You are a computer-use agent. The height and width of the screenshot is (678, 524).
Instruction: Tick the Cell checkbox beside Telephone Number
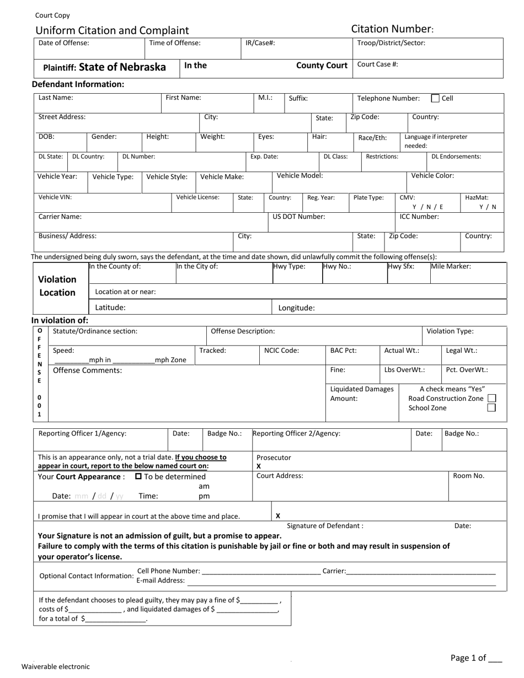point(435,99)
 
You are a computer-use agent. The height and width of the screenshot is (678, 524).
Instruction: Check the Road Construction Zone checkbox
point(492,398)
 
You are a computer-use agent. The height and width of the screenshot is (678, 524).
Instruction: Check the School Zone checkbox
point(492,408)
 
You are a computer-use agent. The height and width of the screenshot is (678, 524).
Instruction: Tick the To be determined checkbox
point(138,476)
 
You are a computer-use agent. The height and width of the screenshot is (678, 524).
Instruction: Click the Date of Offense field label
point(63,43)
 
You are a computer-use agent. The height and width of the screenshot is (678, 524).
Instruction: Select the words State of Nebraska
point(122,67)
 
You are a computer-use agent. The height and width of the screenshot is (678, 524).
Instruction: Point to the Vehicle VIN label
point(55,197)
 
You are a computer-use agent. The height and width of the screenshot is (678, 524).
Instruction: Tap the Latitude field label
point(110,308)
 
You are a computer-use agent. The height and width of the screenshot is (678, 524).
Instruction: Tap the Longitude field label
point(296,308)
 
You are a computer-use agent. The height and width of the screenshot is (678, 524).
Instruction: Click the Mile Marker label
point(451,266)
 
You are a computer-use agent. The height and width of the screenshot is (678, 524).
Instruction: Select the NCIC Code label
point(281,350)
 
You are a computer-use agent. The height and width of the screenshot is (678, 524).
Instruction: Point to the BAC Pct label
point(343,350)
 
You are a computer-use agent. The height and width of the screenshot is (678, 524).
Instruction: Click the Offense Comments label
point(87,370)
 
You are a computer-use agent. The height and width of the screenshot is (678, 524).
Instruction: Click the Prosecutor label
point(274,458)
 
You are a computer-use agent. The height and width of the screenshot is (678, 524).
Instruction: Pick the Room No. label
point(468,476)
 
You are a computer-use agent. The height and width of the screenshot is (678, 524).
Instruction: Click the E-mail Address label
point(160,580)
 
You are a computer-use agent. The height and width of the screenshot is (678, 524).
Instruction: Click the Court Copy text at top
point(52,15)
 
